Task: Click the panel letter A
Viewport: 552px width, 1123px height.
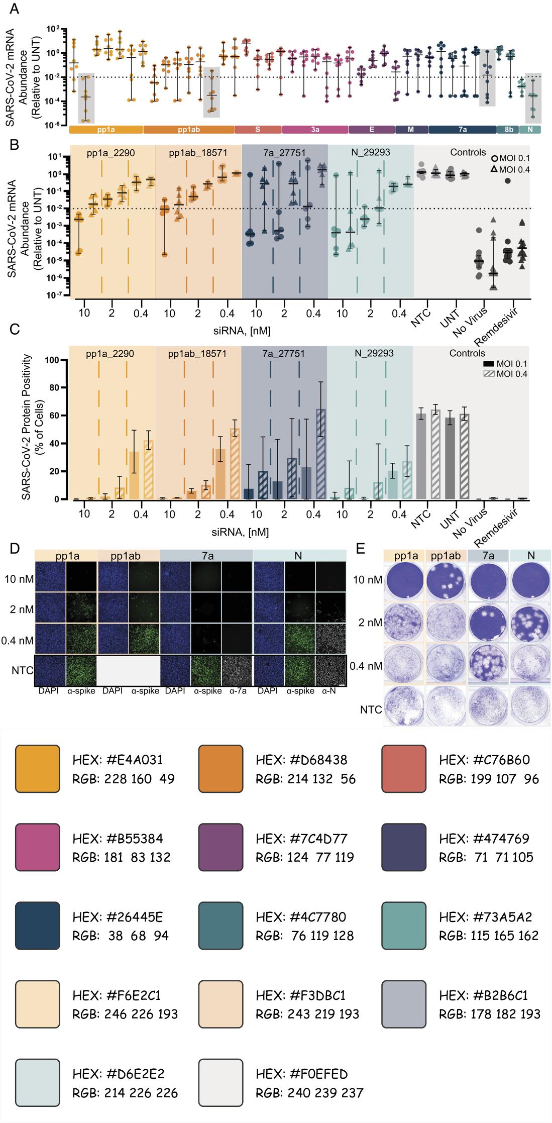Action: click(x=15, y=9)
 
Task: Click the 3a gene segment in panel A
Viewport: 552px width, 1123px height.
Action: click(x=315, y=130)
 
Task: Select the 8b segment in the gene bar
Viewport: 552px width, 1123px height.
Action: click(x=508, y=130)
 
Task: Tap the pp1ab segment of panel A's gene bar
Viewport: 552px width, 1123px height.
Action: click(x=189, y=130)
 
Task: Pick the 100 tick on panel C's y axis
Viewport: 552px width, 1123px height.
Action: click(x=53, y=360)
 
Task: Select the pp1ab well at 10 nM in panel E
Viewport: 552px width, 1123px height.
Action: click(x=446, y=580)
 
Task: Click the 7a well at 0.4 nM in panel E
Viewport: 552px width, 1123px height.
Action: click(x=487, y=666)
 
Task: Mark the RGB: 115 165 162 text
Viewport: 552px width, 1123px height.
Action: click(x=488, y=936)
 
